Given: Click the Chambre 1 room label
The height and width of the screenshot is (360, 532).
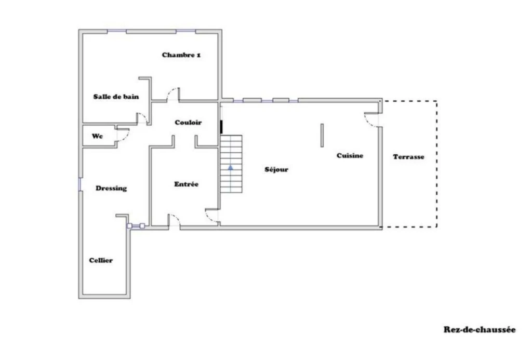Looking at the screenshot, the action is pyautogui.click(x=181, y=55).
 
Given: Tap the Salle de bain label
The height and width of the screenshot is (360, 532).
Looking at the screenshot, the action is pyautogui.click(x=116, y=97).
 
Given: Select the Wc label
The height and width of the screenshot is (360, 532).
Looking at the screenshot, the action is pyautogui.click(x=97, y=136).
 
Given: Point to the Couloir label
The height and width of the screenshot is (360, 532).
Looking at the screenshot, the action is pyautogui.click(x=188, y=123).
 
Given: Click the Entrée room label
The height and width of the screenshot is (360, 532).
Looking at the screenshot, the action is pyautogui.click(x=187, y=184).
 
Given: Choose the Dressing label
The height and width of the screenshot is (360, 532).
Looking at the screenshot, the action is pyautogui.click(x=111, y=189).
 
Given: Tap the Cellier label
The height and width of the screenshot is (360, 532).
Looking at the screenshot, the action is pyautogui.click(x=101, y=261).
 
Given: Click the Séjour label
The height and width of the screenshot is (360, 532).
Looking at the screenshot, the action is pyautogui.click(x=276, y=169).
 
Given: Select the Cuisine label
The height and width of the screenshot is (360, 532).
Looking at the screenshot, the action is pyautogui.click(x=350, y=156).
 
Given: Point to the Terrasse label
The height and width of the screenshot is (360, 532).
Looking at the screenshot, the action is pyautogui.click(x=408, y=157).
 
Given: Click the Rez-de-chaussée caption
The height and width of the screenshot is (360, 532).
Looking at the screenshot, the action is pyautogui.click(x=480, y=329).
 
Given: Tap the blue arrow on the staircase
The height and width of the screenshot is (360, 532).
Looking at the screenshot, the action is pyautogui.click(x=231, y=168).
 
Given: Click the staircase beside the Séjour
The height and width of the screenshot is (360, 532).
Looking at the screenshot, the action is pyautogui.click(x=231, y=164).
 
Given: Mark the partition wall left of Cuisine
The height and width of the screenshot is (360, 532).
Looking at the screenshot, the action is pyautogui.click(x=322, y=136).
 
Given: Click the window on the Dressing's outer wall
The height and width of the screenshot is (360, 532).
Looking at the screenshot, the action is pyautogui.click(x=80, y=184).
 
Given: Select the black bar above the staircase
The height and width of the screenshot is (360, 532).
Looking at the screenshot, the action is pyautogui.click(x=221, y=127).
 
